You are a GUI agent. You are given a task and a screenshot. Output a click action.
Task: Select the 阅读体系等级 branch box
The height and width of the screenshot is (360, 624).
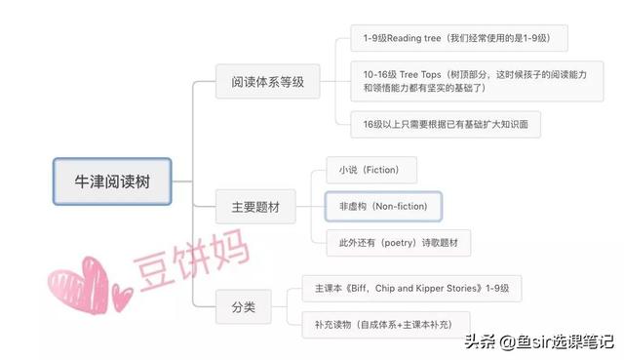(x=267, y=82)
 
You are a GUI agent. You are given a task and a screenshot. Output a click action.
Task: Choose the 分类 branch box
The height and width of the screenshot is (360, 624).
(x=244, y=308)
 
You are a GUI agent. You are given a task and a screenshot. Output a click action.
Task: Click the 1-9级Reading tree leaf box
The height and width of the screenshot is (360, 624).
(x=458, y=39)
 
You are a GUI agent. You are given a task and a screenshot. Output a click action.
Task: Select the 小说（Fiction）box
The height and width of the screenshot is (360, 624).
(x=370, y=169)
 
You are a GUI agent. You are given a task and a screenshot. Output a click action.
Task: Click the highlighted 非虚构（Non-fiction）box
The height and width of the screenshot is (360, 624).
(x=383, y=207)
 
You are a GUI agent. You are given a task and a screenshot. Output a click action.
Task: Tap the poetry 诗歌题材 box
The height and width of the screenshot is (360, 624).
(x=398, y=242)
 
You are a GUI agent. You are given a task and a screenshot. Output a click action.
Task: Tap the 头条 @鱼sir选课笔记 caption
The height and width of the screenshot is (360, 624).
(x=538, y=341)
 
